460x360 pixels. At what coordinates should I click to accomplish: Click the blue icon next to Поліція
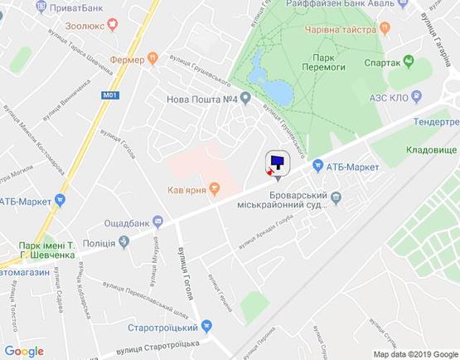123,241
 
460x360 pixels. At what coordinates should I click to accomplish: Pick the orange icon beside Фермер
153,59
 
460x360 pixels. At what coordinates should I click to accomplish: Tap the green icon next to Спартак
408,62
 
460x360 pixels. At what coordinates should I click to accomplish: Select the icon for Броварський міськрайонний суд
336,197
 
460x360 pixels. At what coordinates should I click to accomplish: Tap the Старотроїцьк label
162,328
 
